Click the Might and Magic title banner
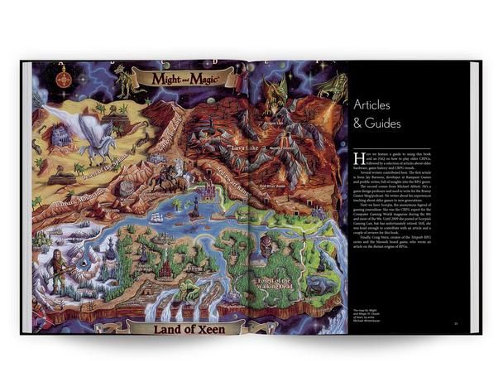click(x=185, y=79)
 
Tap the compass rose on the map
click(x=65, y=80)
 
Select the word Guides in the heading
click(x=384, y=123)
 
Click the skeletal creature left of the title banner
click(x=124, y=79)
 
